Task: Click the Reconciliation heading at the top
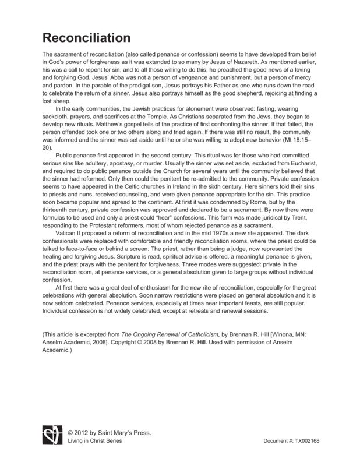click(x=86, y=38)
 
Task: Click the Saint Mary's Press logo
click(x=51, y=436)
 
